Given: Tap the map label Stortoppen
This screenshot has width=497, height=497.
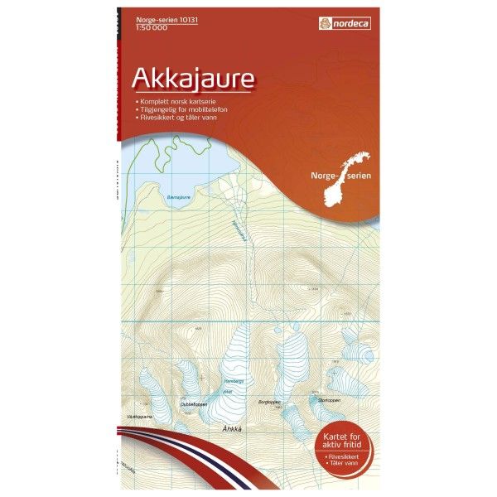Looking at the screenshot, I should pos(329,398).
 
